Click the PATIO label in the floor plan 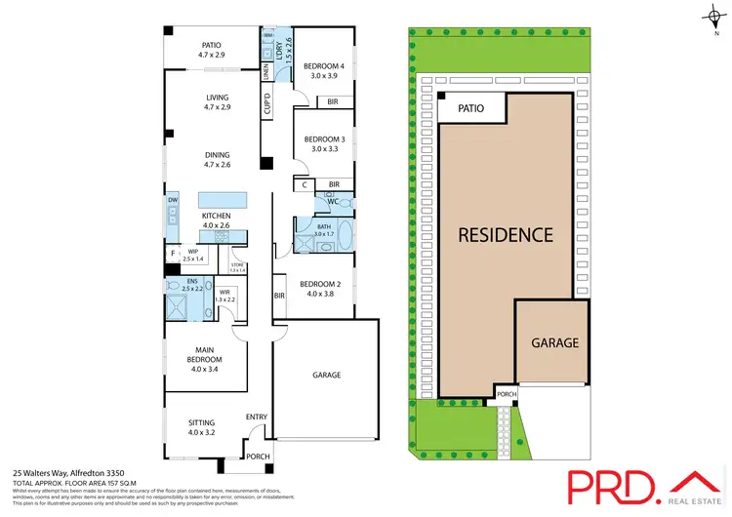coord(212,44)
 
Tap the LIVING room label coord(217,97)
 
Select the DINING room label coord(217,154)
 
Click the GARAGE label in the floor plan coord(326,374)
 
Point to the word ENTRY coord(256,418)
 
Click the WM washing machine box coord(268,35)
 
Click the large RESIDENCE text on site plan coord(507,234)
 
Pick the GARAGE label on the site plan coord(554,342)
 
